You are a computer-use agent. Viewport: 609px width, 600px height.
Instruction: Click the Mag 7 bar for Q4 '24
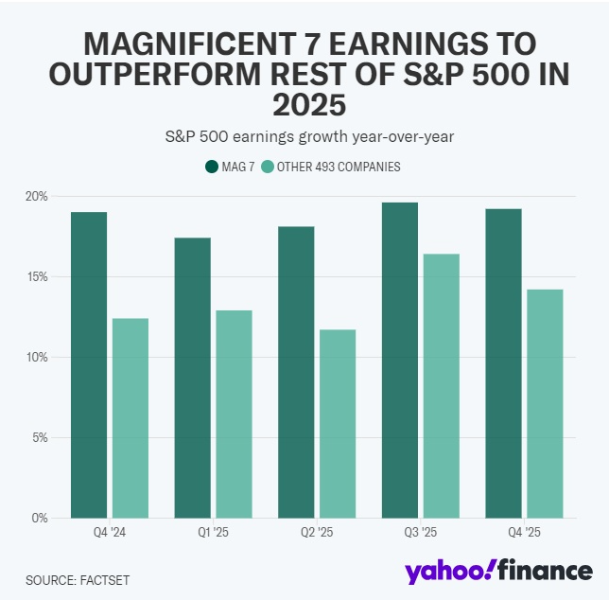[89, 364]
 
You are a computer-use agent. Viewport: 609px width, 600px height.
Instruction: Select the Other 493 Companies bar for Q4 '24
[130, 418]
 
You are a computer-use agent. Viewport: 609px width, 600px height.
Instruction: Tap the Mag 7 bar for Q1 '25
[192, 378]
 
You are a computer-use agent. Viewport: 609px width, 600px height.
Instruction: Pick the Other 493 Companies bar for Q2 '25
[338, 424]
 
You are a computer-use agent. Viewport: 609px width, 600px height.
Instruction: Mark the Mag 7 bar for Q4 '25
[502, 362]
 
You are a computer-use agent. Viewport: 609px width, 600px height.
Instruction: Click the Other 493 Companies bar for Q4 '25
[545, 403]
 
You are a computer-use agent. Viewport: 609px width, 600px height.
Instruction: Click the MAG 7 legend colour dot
[212, 167]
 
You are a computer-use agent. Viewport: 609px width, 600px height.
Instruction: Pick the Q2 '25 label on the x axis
[317, 533]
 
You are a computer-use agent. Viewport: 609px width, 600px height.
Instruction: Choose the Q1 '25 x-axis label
[213, 533]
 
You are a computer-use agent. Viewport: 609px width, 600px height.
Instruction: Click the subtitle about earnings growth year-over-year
[304, 136]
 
